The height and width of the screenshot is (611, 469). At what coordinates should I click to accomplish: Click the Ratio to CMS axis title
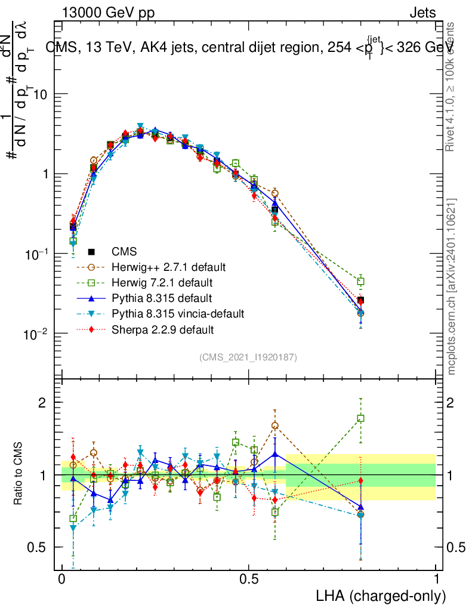click(18, 474)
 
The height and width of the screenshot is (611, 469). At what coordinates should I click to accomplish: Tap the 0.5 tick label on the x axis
click(249, 579)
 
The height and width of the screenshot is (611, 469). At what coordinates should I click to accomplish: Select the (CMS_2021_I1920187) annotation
click(248, 357)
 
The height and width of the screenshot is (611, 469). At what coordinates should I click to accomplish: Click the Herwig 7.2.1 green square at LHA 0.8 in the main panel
click(360, 281)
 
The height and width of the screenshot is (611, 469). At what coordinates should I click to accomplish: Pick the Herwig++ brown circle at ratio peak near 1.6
click(275, 426)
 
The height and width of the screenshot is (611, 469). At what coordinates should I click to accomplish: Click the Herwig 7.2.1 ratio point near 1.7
click(360, 418)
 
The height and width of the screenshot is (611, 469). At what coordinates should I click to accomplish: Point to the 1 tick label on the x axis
click(436, 579)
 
